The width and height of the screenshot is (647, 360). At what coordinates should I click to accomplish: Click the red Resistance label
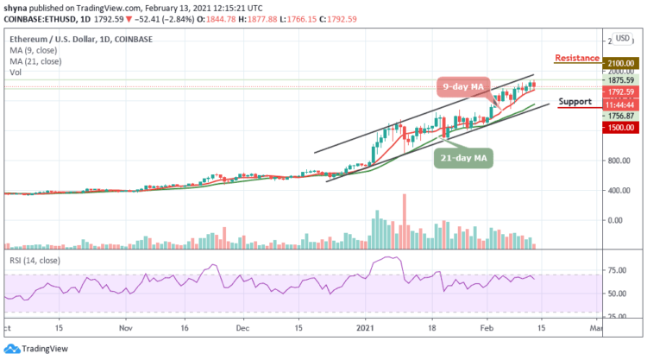tap(578, 58)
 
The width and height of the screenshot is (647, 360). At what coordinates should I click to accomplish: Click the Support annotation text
tap(575, 101)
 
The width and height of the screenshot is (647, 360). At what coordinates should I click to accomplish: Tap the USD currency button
tap(621, 38)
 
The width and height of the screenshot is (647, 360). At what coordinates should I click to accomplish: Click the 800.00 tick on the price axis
tap(614, 161)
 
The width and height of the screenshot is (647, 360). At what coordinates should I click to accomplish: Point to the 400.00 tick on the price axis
tap(614, 190)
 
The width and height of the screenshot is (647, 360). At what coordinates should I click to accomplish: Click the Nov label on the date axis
tap(126, 328)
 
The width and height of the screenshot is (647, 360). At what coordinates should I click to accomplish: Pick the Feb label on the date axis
tap(485, 328)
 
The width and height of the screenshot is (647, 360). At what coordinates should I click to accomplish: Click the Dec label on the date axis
tap(244, 328)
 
